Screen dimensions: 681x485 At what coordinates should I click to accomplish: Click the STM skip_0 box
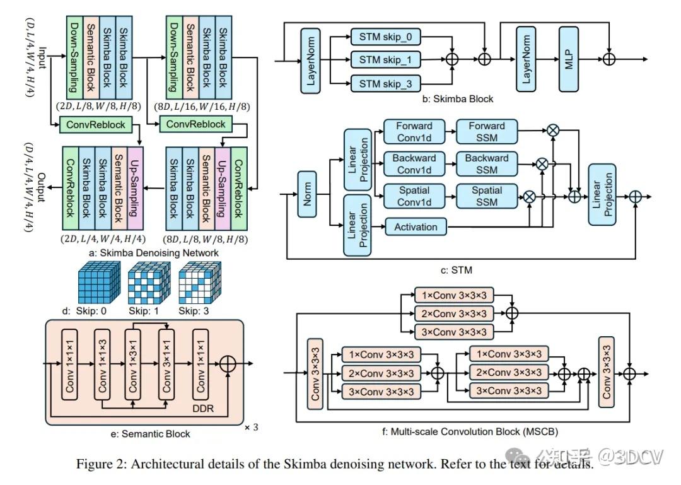coord(386,37)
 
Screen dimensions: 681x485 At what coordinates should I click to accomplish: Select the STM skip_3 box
coord(386,83)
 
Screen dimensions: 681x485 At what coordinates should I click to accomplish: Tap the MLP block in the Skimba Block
coord(569,59)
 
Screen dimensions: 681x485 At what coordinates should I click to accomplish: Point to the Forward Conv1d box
coord(414,132)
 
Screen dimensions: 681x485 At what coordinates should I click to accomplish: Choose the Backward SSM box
coord(487,164)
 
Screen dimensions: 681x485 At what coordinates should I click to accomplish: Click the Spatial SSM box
coord(487,196)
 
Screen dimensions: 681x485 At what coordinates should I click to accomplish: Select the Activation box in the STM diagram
coord(416,227)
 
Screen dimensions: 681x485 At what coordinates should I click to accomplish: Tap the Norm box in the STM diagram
coord(307,194)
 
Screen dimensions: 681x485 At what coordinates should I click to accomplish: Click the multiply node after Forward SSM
coord(553,130)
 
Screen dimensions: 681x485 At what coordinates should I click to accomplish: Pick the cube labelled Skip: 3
coord(200,283)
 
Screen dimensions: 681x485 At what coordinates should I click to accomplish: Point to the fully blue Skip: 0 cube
coord(99,283)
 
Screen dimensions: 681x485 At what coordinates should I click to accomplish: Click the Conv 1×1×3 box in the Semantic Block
coord(102,364)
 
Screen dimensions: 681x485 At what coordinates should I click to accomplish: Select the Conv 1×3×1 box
coord(132,364)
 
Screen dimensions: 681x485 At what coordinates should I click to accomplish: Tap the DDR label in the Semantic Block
coord(203,409)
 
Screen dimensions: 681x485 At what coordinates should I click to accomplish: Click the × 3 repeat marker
coord(251,427)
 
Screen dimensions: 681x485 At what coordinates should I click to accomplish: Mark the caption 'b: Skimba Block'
coord(457,99)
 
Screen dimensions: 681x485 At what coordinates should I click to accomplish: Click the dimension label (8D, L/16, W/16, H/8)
coord(202,107)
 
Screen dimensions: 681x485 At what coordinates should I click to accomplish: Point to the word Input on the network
coord(42,58)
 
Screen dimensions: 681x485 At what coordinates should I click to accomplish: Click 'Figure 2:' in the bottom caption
coord(102,464)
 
